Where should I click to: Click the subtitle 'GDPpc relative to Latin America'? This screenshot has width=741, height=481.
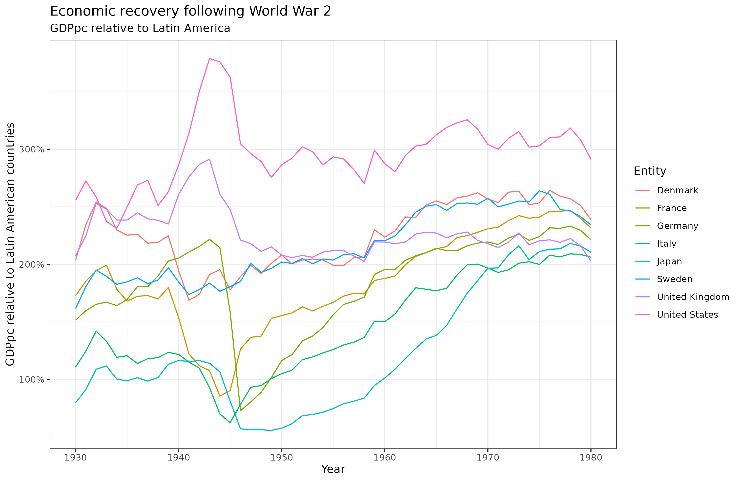pos(140,28)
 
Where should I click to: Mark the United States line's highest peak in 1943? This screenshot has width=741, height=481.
pos(209,58)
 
